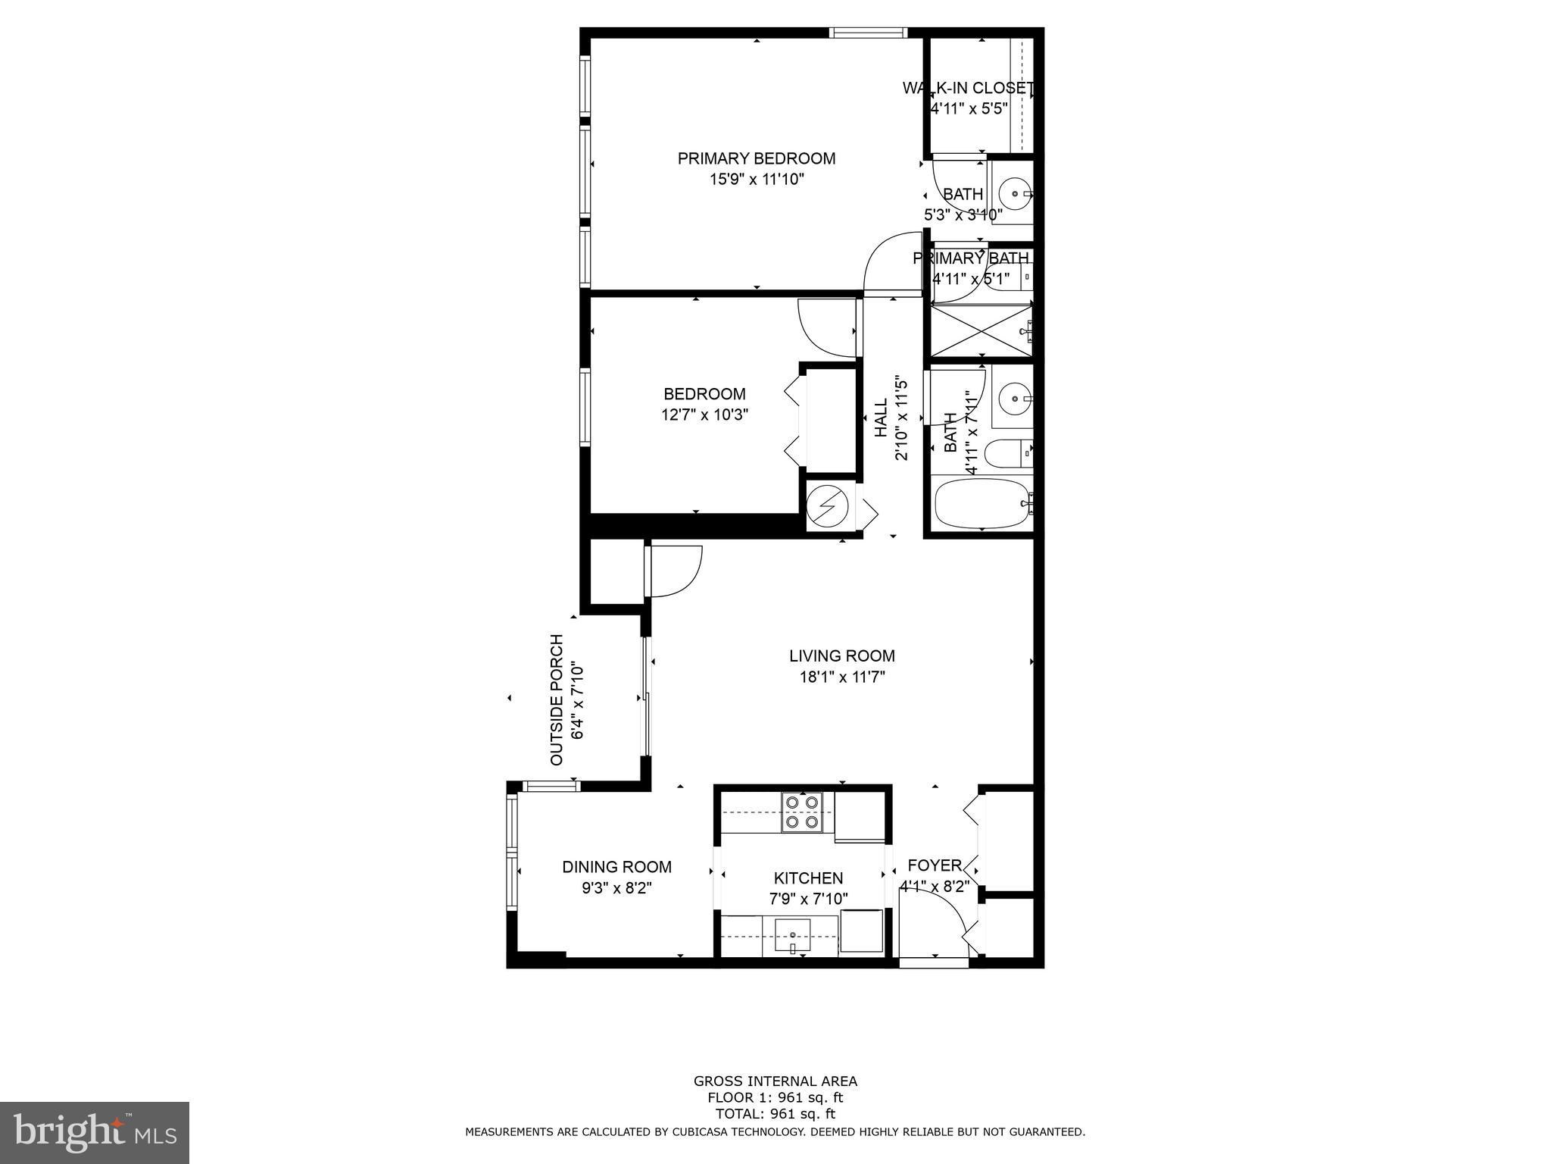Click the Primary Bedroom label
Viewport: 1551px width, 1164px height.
[756, 158]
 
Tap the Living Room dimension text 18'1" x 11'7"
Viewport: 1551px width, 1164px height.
[842, 677]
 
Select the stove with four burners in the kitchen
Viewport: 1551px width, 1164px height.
[802, 812]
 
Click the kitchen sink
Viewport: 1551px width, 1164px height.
[792, 935]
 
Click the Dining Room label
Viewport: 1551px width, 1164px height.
[616, 867]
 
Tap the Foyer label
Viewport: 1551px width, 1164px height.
[934, 865]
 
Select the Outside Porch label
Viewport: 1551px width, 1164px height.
[557, 699]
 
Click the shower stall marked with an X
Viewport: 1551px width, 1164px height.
[980, 330]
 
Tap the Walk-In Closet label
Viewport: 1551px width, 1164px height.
[968, 88]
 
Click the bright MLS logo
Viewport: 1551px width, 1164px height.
[95, 1132]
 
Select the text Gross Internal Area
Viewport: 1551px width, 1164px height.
[775, 1081]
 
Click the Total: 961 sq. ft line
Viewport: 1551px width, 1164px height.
[775, 1114]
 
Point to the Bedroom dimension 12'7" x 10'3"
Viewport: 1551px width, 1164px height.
[704, 415]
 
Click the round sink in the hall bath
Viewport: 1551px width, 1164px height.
[1013, 396]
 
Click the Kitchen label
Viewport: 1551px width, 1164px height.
[808, 878]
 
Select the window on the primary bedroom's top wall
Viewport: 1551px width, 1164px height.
[867, 33]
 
